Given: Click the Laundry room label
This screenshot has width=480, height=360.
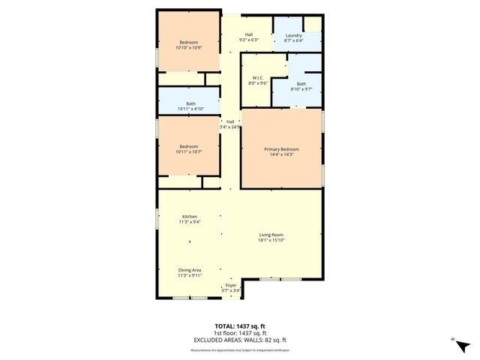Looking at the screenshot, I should pos(293,34).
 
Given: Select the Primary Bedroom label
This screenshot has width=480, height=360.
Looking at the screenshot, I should pos(282,150).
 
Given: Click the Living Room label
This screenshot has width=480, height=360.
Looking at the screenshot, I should pos(271,235).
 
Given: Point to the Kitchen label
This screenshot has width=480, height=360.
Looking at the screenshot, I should pos(189,217).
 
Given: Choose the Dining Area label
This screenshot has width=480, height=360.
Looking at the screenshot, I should pos(189,270).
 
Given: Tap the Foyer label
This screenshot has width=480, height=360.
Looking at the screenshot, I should pos(230,286).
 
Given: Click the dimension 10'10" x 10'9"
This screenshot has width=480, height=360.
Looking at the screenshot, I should pos(188,48).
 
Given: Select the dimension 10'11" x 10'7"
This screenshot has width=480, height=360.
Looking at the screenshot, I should pos(188,151).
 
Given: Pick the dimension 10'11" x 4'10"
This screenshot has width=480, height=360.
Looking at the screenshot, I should pos(190,109).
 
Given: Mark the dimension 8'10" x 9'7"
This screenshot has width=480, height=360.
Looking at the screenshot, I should pos(301,89).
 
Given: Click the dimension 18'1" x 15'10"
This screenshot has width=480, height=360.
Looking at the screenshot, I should pos(271,241).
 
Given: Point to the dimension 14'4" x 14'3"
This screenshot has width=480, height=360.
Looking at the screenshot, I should pos(282,155).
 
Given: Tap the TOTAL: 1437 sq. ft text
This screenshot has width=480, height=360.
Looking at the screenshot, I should pos(239,325).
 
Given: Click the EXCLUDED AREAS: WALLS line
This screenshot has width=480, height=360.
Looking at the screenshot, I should pos(239,340).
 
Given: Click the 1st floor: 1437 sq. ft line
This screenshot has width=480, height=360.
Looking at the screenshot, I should pos(239,333).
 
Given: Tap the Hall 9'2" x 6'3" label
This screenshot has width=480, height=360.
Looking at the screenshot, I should pos(248,37).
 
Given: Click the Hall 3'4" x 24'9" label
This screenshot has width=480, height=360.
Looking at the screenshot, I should pos(231,124).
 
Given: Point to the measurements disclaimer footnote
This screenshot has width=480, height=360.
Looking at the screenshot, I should pos(239,349).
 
